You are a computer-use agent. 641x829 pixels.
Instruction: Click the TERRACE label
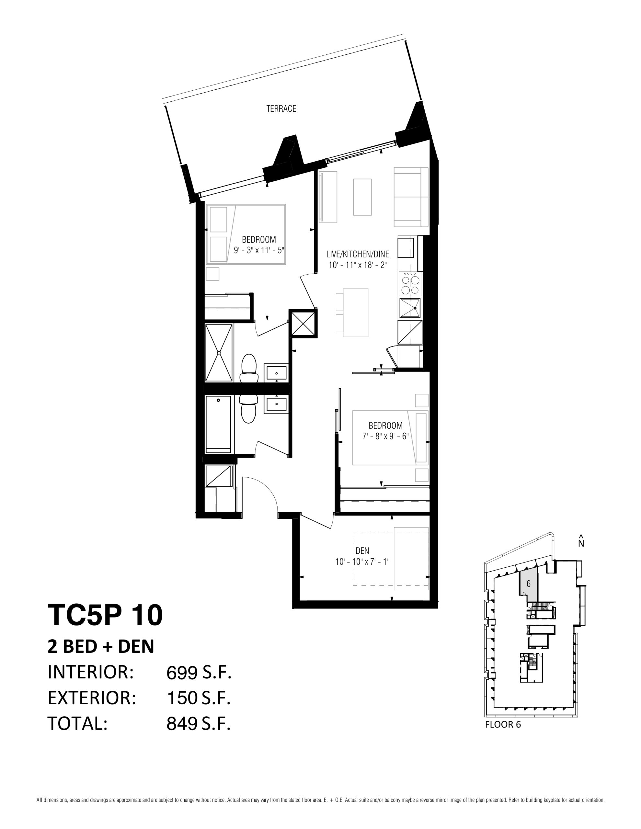point(281,108)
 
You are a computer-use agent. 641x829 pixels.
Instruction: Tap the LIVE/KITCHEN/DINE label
point(357,254)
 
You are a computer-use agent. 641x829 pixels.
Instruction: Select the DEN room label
point(362,551)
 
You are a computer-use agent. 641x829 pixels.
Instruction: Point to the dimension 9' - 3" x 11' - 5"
point(259,251)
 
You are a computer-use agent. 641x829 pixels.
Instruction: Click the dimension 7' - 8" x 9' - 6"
point(385,436)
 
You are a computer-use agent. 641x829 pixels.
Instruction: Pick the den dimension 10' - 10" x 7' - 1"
point(362,562)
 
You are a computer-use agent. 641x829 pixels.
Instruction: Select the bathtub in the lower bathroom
point(218,424)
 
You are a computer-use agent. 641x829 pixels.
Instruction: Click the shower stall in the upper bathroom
point(219,353)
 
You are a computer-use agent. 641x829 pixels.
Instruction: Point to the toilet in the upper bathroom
point(249,368)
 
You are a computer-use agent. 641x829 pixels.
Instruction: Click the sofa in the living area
point(411,197)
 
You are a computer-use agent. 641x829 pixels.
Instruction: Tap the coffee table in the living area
point(362,197)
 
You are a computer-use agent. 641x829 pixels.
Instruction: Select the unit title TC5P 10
point(105,615)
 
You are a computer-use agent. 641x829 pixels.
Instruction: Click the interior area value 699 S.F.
point(199,673)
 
